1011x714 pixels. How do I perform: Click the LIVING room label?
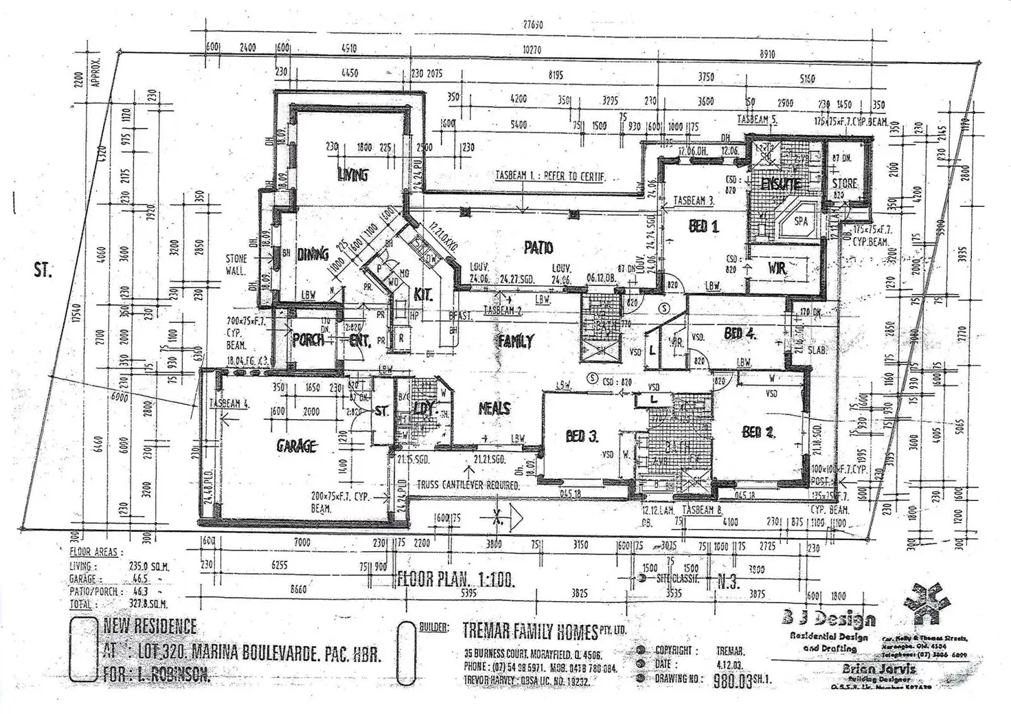point(352,174)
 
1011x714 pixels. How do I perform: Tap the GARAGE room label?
point(297,446)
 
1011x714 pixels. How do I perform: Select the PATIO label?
point(538,247)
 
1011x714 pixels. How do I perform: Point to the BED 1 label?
point(703,225)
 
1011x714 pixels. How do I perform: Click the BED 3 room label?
point(582,436)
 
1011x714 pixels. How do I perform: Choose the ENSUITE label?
point(781,184)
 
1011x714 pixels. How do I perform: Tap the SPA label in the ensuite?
point(800,221)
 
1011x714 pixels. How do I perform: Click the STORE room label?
point(844,183)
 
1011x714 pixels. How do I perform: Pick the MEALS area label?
point(494,408)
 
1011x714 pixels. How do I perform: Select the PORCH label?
point(308,339)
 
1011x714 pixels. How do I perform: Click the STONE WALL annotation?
point(236,265)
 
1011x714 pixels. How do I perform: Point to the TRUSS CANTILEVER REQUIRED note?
point(468,485)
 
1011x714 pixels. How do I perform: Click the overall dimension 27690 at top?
point(533,25)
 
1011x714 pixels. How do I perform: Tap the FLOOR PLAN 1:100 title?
point(456,579)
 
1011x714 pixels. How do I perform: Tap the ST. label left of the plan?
point(43,270)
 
